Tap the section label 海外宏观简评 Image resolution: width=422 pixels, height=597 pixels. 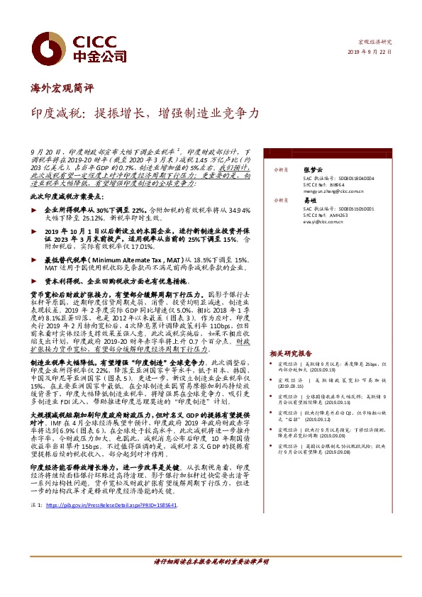[62, 89]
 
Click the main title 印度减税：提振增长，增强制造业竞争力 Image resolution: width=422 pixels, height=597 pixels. [145, 113]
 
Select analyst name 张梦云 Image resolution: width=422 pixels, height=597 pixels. [311, 170]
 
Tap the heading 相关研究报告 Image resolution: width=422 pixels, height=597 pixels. [291, 352]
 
